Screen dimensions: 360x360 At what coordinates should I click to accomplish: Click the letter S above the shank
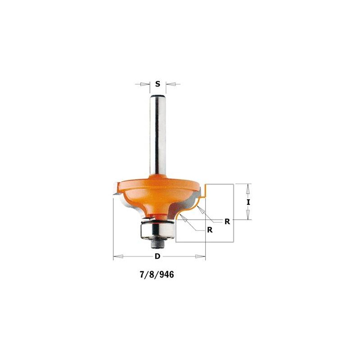click(x=157, y=84)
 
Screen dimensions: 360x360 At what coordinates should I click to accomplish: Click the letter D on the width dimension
click(x=157, y=256)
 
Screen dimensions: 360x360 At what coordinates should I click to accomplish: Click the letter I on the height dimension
click(x=248, y=202)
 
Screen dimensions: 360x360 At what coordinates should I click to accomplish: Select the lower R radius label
click(x=210, y=229)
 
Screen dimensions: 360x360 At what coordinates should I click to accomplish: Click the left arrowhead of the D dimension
click(x=116, y=256)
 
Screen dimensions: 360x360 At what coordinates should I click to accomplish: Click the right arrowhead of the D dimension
click(x=202, y=256)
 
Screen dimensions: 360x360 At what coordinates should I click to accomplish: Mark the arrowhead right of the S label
click(x=169, y=84)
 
